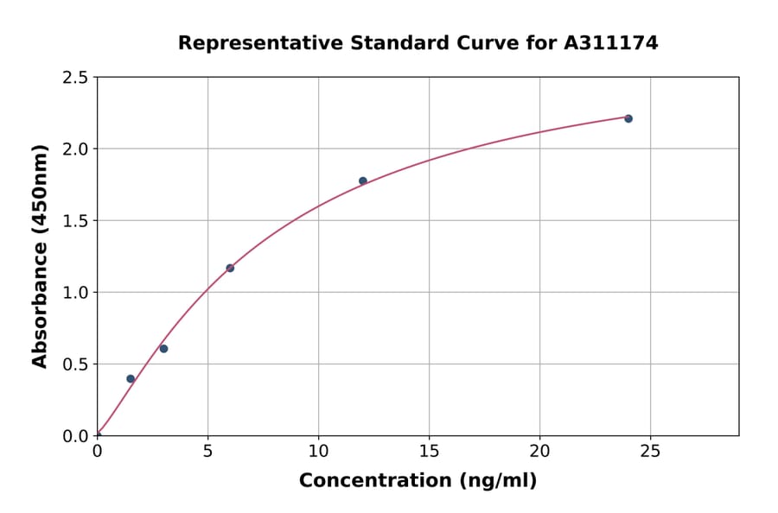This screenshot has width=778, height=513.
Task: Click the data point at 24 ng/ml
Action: click(x=628, y=118)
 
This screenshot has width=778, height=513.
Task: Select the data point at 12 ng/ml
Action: click(x=363, y=180)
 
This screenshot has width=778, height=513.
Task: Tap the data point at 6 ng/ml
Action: click(x=230, y=268)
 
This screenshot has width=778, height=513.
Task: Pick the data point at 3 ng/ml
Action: click(x=163, y=349)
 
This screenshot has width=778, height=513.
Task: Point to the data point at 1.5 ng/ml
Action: click(x=131, y=378)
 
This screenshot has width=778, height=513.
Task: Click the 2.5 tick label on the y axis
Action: click(x=74, y=78)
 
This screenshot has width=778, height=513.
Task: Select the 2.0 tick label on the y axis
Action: click(x=74, y=149)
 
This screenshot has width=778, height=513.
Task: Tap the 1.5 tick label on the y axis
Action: click(x=74, y=221)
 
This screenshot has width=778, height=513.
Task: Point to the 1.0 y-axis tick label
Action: click(x=74, y=293)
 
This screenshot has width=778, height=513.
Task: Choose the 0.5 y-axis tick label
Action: click(x=74, y=364)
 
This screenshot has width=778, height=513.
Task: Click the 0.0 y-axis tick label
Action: click(x=74, y=436)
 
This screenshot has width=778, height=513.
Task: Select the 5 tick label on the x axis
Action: click(x=207, y=452)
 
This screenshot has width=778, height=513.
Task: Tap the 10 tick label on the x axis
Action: click(x=318, y=452)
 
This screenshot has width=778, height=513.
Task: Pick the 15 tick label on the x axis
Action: click(x=429, y=452)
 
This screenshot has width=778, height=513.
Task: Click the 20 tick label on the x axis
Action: click(x=539, y=452)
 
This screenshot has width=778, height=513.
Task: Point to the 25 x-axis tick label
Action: click(x=650, y=452)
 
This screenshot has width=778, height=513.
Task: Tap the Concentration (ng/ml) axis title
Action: click(x=418, y=481)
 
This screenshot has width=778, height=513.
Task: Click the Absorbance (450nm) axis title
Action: click(x=41, y=256)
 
